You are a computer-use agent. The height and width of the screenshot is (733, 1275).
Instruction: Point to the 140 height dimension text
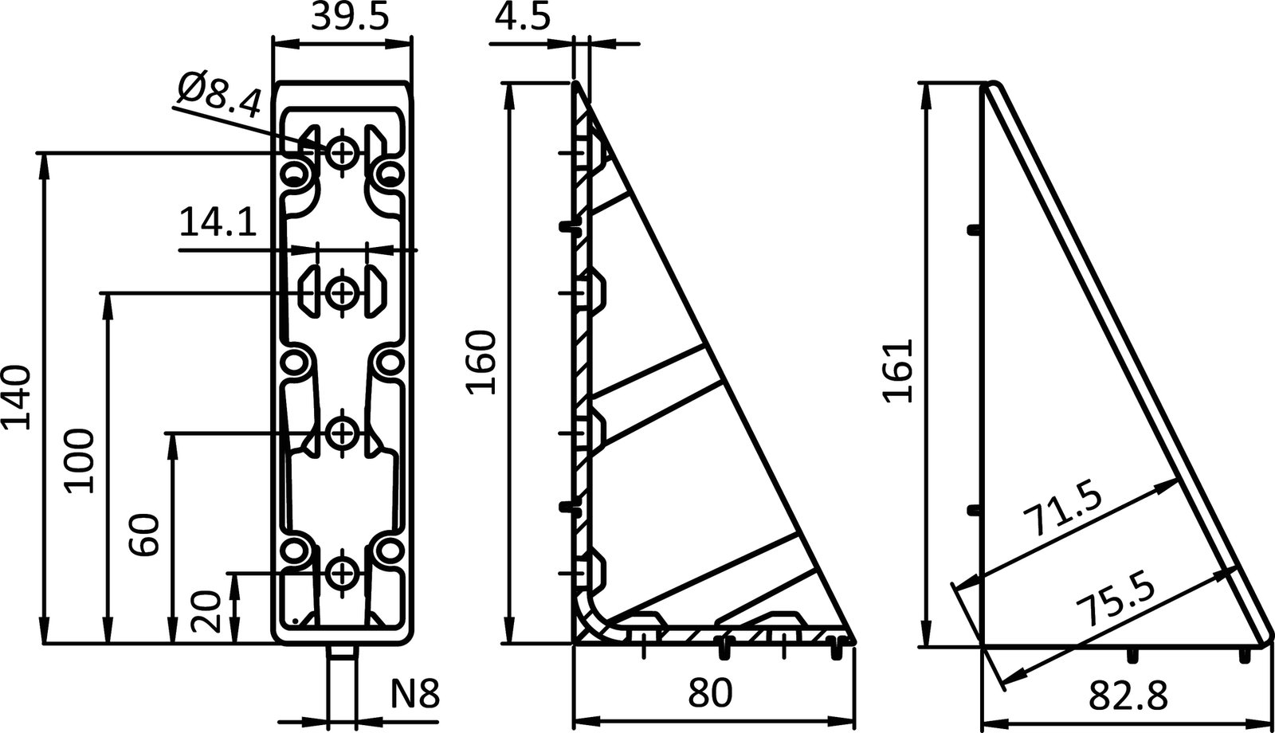tap(17, 398)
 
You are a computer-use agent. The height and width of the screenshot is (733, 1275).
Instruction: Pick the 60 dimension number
tap(146, 535)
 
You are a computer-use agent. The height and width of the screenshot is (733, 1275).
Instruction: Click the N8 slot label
tap(414, 694)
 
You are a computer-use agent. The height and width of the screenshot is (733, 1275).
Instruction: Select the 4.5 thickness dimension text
tap(522, 17)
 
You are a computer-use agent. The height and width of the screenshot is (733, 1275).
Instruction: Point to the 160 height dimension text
tap(481, 363)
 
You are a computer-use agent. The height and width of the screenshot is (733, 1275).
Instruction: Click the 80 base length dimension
tap(708, 693)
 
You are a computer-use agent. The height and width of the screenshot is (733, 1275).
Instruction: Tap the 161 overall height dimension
tap(898, 370)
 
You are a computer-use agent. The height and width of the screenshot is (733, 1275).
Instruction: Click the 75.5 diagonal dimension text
tap(1114, 601)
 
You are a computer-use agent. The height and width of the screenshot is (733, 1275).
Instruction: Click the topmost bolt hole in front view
tap(343, 151)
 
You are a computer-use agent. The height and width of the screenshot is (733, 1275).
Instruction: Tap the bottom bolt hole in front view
tap(343, 571)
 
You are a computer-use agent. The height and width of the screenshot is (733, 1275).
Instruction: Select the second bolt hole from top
tap(343, 292)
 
